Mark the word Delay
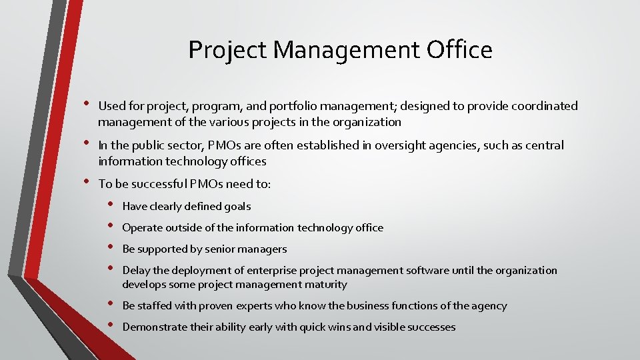click(137, 271)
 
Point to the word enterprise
click(273, 271)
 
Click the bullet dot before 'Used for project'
click(85, 105)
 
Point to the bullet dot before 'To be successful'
click(85, 183)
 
